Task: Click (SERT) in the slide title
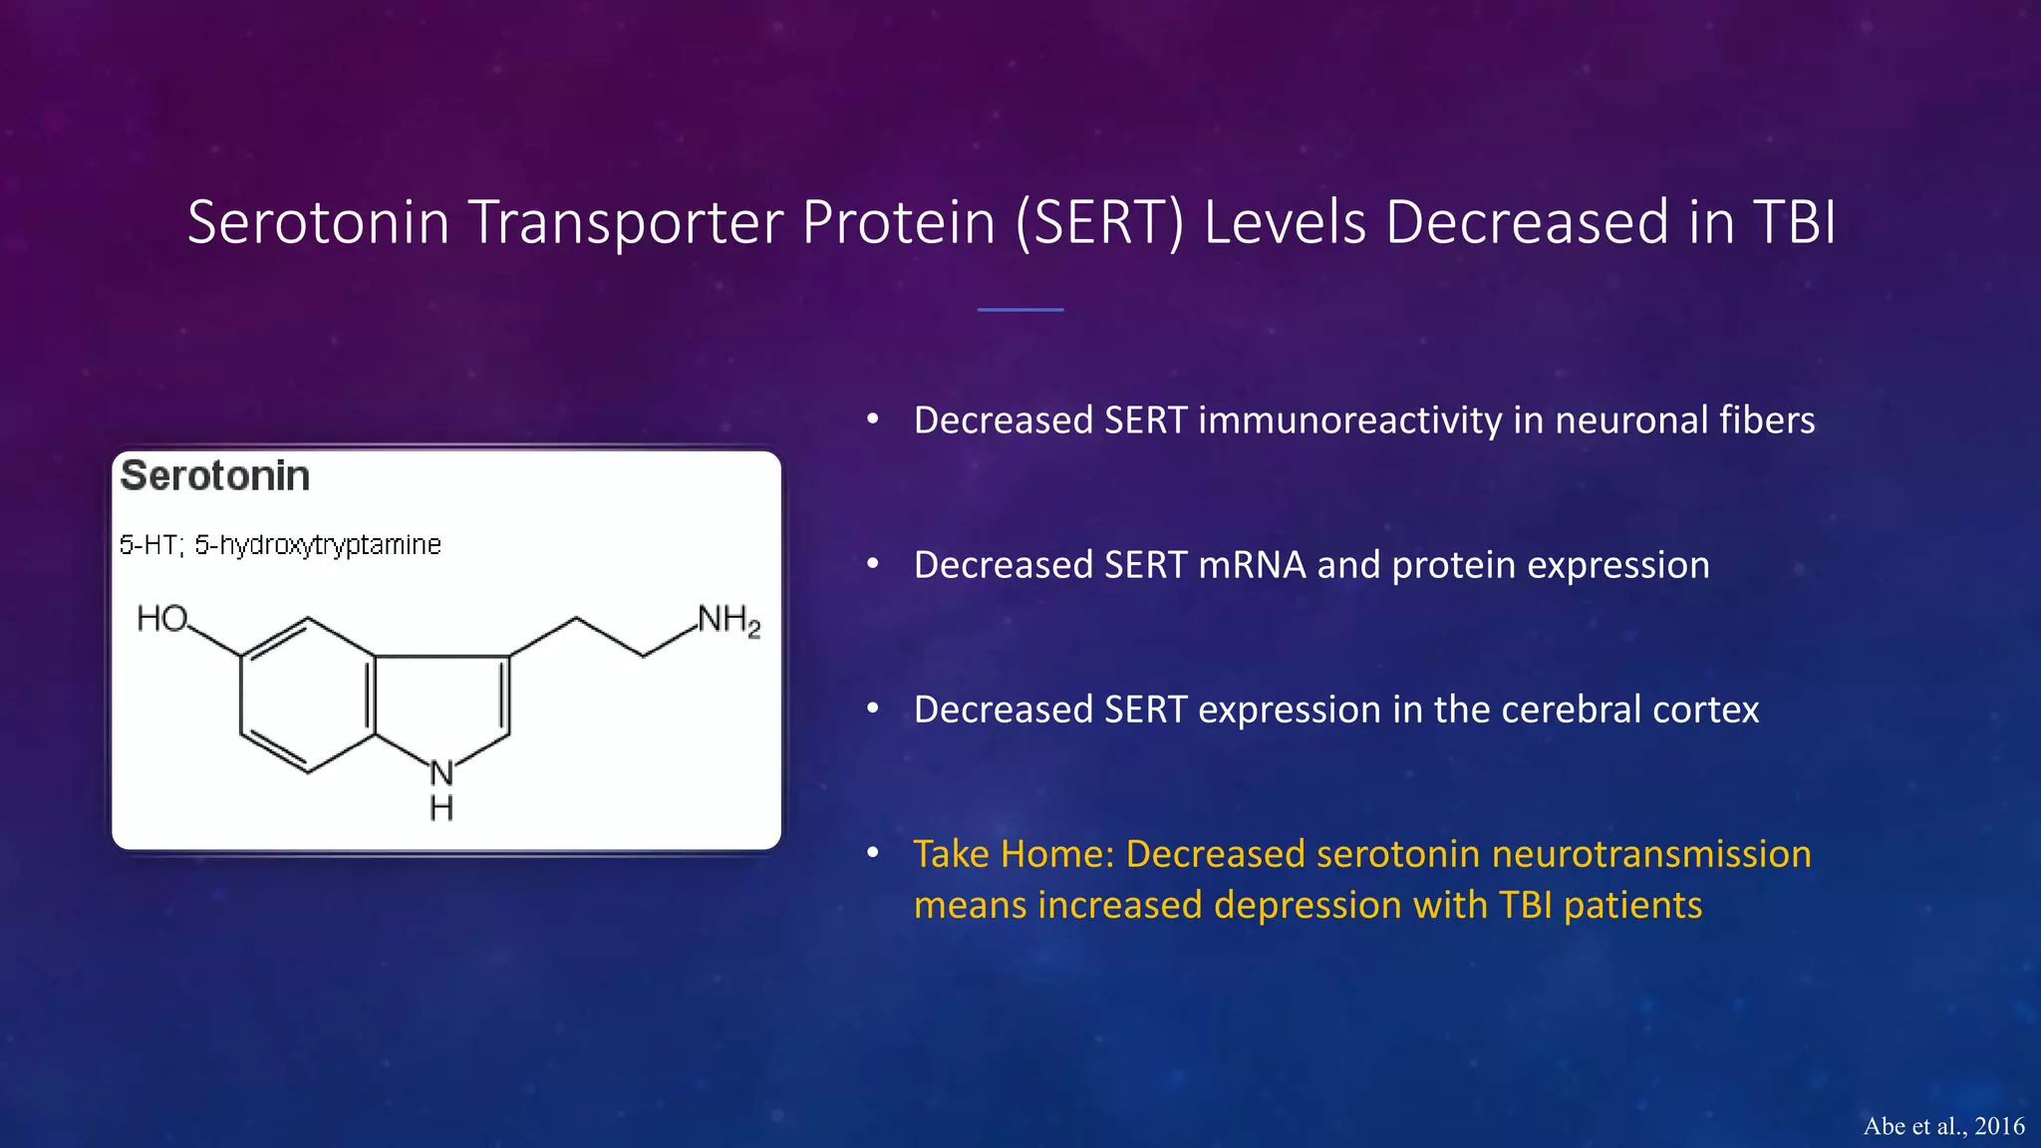[x=1100, y=222]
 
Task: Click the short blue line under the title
[x=1020, y=310]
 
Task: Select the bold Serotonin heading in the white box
[x=215, y=476]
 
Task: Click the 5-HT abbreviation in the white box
[x=148, y=545]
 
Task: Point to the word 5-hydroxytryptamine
[x=318, y=545]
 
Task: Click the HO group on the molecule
[x=161, y=619]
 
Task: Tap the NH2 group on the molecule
[x=729, y=621]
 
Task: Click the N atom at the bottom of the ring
[x=441, y=772]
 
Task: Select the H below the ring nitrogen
[x=441, y=808]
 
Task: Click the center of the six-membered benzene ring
[x=308, y=695]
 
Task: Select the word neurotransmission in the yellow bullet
[x=1651, y=854]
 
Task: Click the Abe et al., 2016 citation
[x=1943, y=1126]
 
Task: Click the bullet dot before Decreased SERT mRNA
[x=873, y=564]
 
